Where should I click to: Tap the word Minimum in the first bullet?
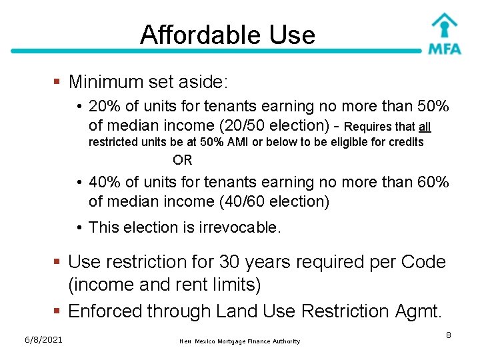[x=106, y=82]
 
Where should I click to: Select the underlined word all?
[x=425, y=127]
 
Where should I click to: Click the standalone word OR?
[x=182, y=160]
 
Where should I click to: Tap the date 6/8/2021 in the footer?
[x=41, y=340]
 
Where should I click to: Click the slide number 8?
[x=449, y=335]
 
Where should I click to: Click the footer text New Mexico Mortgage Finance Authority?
[x=239, y=341]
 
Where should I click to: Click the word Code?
[x=423, y=262]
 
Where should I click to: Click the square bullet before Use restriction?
[x=58, y=262]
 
